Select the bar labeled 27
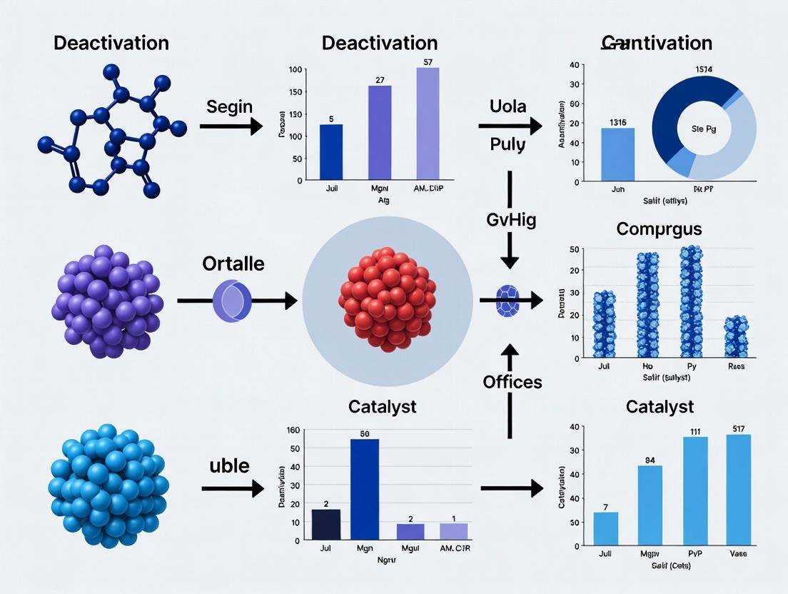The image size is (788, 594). (x=380, y=131)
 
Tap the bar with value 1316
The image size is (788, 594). (x=618, y=154)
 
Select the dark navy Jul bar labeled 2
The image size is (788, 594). (x=326, y=524)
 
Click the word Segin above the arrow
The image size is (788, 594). (x=230, y=107)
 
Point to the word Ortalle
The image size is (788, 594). (x=233, y=263)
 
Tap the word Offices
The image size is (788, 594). (x=512, y=382)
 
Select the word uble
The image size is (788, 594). (x=229, y=466)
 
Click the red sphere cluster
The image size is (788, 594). (x=386, y=298)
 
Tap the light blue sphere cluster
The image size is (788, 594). (x=108, y=485)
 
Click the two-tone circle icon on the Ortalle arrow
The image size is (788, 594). (x=232, y=300)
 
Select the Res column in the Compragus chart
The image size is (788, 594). (x=736, y=338)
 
